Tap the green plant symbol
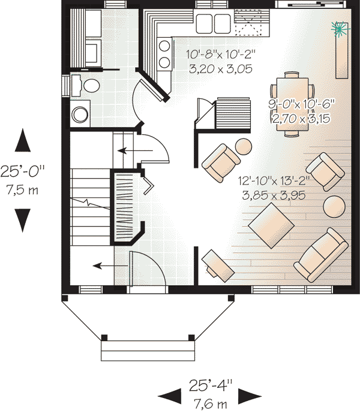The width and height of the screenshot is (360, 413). [338, 29]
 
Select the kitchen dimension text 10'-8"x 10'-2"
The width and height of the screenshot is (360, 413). [221, 55]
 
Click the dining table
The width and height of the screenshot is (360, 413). [292, 104]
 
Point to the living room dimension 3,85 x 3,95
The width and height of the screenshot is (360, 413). [274, 195]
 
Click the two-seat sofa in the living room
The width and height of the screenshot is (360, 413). [321, 255]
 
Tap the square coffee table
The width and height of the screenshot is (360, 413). [271, 225]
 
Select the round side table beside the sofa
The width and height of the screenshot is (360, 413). [334, 206]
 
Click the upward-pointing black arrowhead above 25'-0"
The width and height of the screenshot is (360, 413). [23, 140]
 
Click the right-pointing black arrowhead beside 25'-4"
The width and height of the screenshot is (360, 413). [250, 396]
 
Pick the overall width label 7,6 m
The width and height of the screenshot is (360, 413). [211, 403]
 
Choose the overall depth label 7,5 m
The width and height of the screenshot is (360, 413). [22, 189]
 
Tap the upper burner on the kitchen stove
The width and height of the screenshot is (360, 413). [164, 46]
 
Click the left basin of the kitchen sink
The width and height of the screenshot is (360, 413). [204, 23]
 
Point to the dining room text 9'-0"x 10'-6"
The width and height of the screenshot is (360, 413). [301, 104]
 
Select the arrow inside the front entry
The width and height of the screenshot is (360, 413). [110, 266]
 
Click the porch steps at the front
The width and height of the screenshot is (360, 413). [148, 351]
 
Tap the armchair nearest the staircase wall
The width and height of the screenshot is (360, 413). [221, 163]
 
